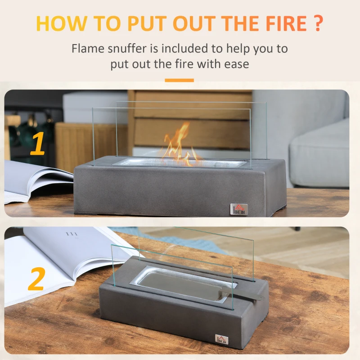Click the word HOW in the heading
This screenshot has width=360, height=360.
tap(62, 23)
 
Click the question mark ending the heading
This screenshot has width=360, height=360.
tap(318, 23)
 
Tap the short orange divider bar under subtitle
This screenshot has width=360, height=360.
tap(179, 81)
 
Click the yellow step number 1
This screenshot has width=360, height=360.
tap(37, 144)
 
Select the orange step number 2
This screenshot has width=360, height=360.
tap(36, 279)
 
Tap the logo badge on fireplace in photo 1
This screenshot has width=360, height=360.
tap(239, 209)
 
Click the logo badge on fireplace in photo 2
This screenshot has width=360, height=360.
tap(221, 340)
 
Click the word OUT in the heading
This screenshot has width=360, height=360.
tap(194, 23)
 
